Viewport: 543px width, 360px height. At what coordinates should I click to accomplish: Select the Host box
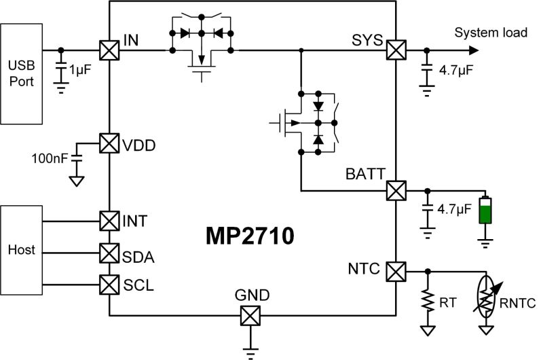(20, 251)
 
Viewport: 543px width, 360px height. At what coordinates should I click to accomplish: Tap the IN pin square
(109, 50)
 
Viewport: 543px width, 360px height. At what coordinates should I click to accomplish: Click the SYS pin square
(396, 50)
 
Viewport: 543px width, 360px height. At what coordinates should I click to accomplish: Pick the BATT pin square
(396, 190)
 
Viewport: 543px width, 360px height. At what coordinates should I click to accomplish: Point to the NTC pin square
(396, 272)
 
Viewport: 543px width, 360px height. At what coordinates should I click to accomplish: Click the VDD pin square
(109, 144)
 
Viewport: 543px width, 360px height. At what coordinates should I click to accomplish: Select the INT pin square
(109, 221)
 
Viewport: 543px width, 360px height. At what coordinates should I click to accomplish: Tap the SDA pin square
(109, 253)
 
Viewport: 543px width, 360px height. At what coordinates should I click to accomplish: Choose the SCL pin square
(109, 282)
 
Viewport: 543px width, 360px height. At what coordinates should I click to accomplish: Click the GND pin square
(251, 315)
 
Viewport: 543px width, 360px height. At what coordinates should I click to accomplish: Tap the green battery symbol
(484, 211)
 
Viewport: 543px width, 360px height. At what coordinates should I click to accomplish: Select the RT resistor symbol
(428, 300)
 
